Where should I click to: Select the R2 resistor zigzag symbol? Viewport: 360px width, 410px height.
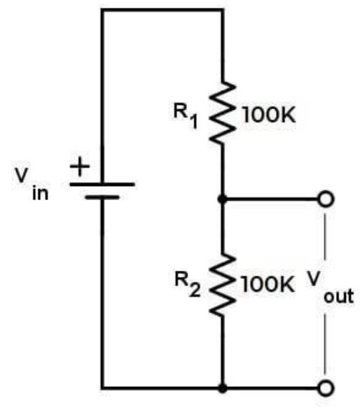tap(222, 285)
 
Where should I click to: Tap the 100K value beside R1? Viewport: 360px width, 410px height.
tap(270, 116)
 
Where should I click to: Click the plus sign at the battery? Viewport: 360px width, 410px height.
tap(82, 167)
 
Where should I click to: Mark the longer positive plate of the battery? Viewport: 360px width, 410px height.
tap(102, 185)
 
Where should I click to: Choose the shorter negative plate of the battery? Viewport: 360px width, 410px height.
tap(102, 198)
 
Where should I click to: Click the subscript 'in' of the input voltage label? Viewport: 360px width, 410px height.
tap(40, 194)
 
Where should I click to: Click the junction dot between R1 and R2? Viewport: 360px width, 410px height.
tap(222, 200)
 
